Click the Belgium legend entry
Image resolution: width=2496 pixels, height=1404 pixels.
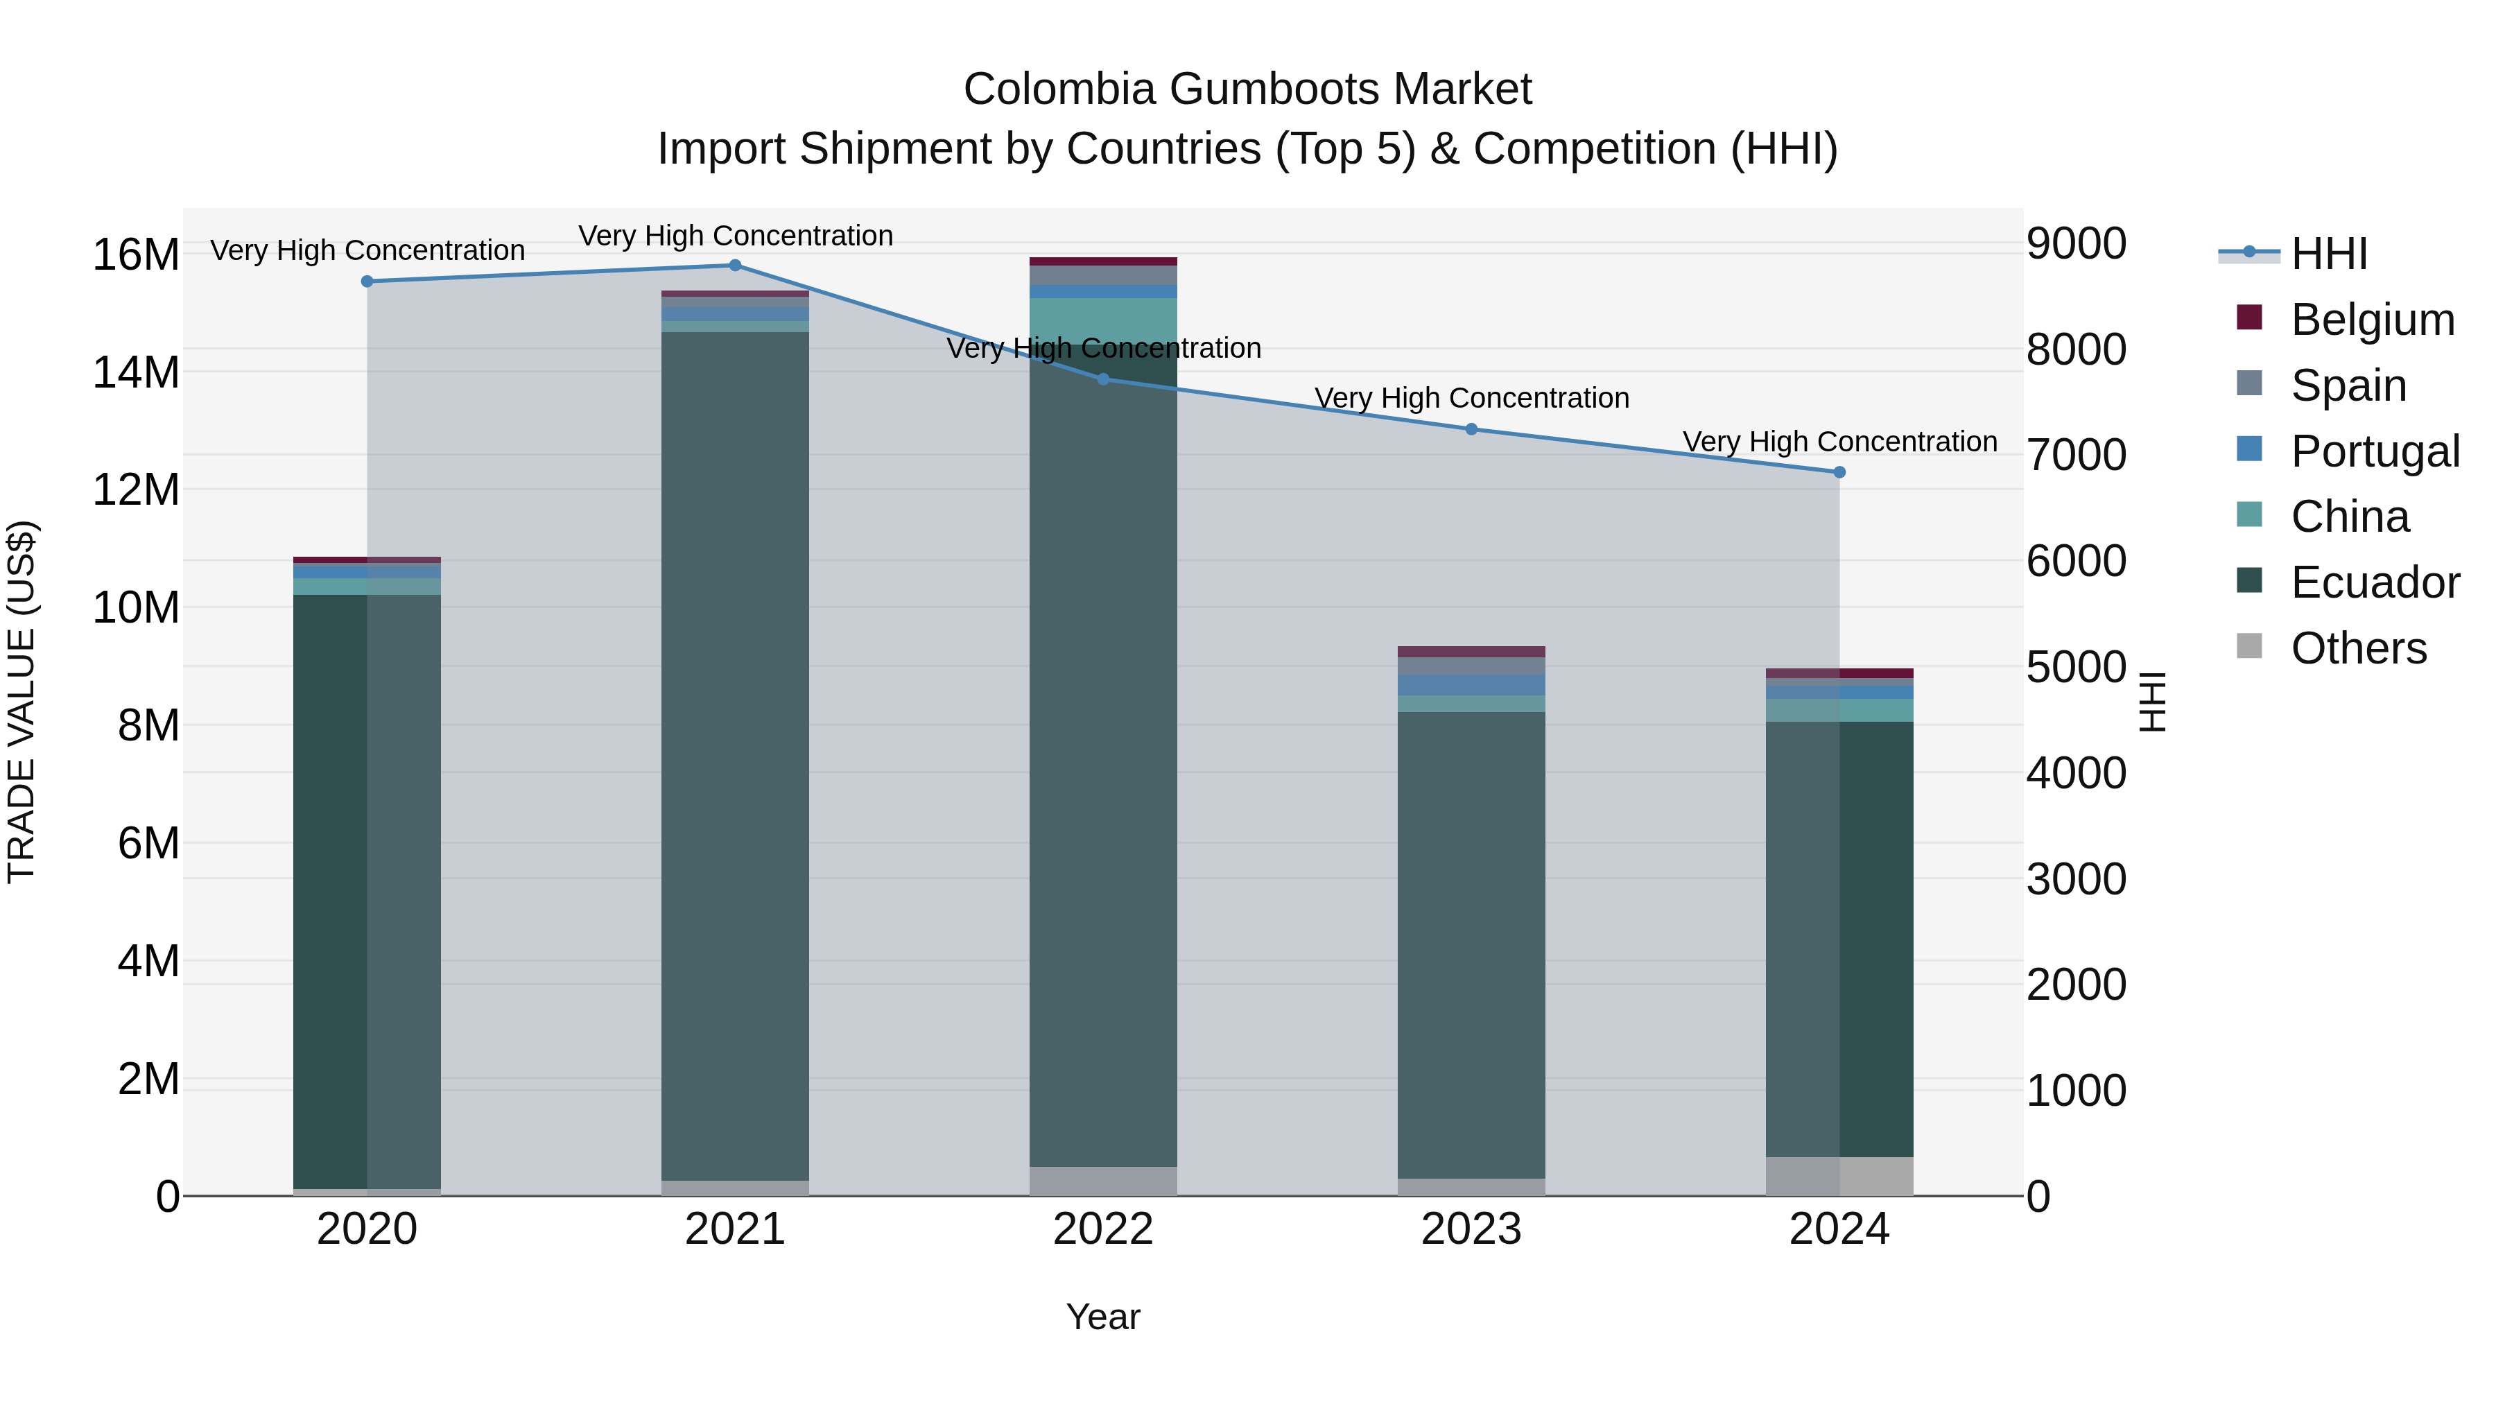pyautogui.click(x=2371, y=320)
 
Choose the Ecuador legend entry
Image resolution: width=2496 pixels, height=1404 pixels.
pyautogui.click(x=2374, y=582)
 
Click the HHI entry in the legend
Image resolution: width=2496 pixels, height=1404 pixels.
pyautogui.click(x=2328, y=254)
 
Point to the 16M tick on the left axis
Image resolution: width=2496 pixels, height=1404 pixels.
pyautogui.click(x=136, y=255)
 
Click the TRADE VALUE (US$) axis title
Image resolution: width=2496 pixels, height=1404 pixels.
pyautogui.click(x=21, y=702)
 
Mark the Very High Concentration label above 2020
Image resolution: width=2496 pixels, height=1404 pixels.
pyautogui.click(x=367, y=250)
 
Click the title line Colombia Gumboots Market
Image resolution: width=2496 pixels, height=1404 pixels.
pyautogui.click(x=1247, y=90)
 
